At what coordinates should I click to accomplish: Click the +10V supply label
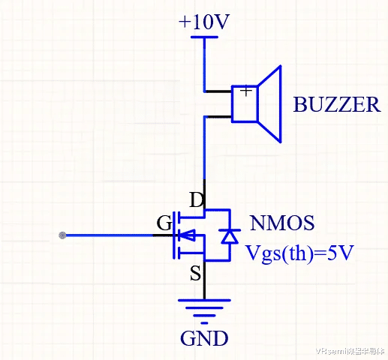point(203,22)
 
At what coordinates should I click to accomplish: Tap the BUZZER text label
point(337,104)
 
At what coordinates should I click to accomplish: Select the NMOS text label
point(282,223)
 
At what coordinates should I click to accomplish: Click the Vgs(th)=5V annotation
point(299,253)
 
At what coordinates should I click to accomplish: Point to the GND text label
point(204,338)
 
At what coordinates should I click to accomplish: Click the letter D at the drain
point(196,199)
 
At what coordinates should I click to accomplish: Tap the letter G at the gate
point(164,223)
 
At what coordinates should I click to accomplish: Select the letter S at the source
point(195,273)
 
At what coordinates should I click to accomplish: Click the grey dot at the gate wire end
point(62,235)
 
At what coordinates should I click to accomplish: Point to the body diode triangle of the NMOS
point(230,236)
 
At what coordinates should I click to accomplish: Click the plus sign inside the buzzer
point(246,91)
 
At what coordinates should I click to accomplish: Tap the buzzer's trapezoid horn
point(269,103)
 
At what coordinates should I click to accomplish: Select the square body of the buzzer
point(245,103)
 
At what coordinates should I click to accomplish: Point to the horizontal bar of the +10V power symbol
point(204,37)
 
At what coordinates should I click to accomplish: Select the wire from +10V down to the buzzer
point(204,65)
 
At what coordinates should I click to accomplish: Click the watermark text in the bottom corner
point(350,351)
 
